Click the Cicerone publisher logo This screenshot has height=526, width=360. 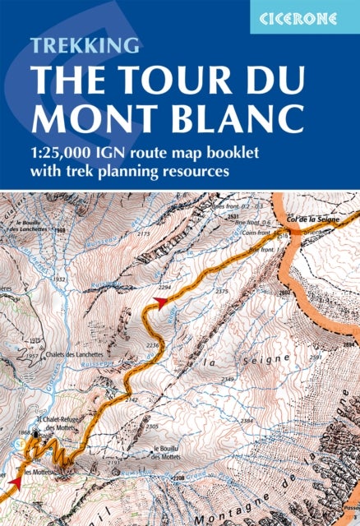click(x=304, y=16)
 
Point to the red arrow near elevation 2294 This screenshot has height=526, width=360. click(x=161, y=302)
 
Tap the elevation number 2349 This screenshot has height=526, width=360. click(x=228, y=379)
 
